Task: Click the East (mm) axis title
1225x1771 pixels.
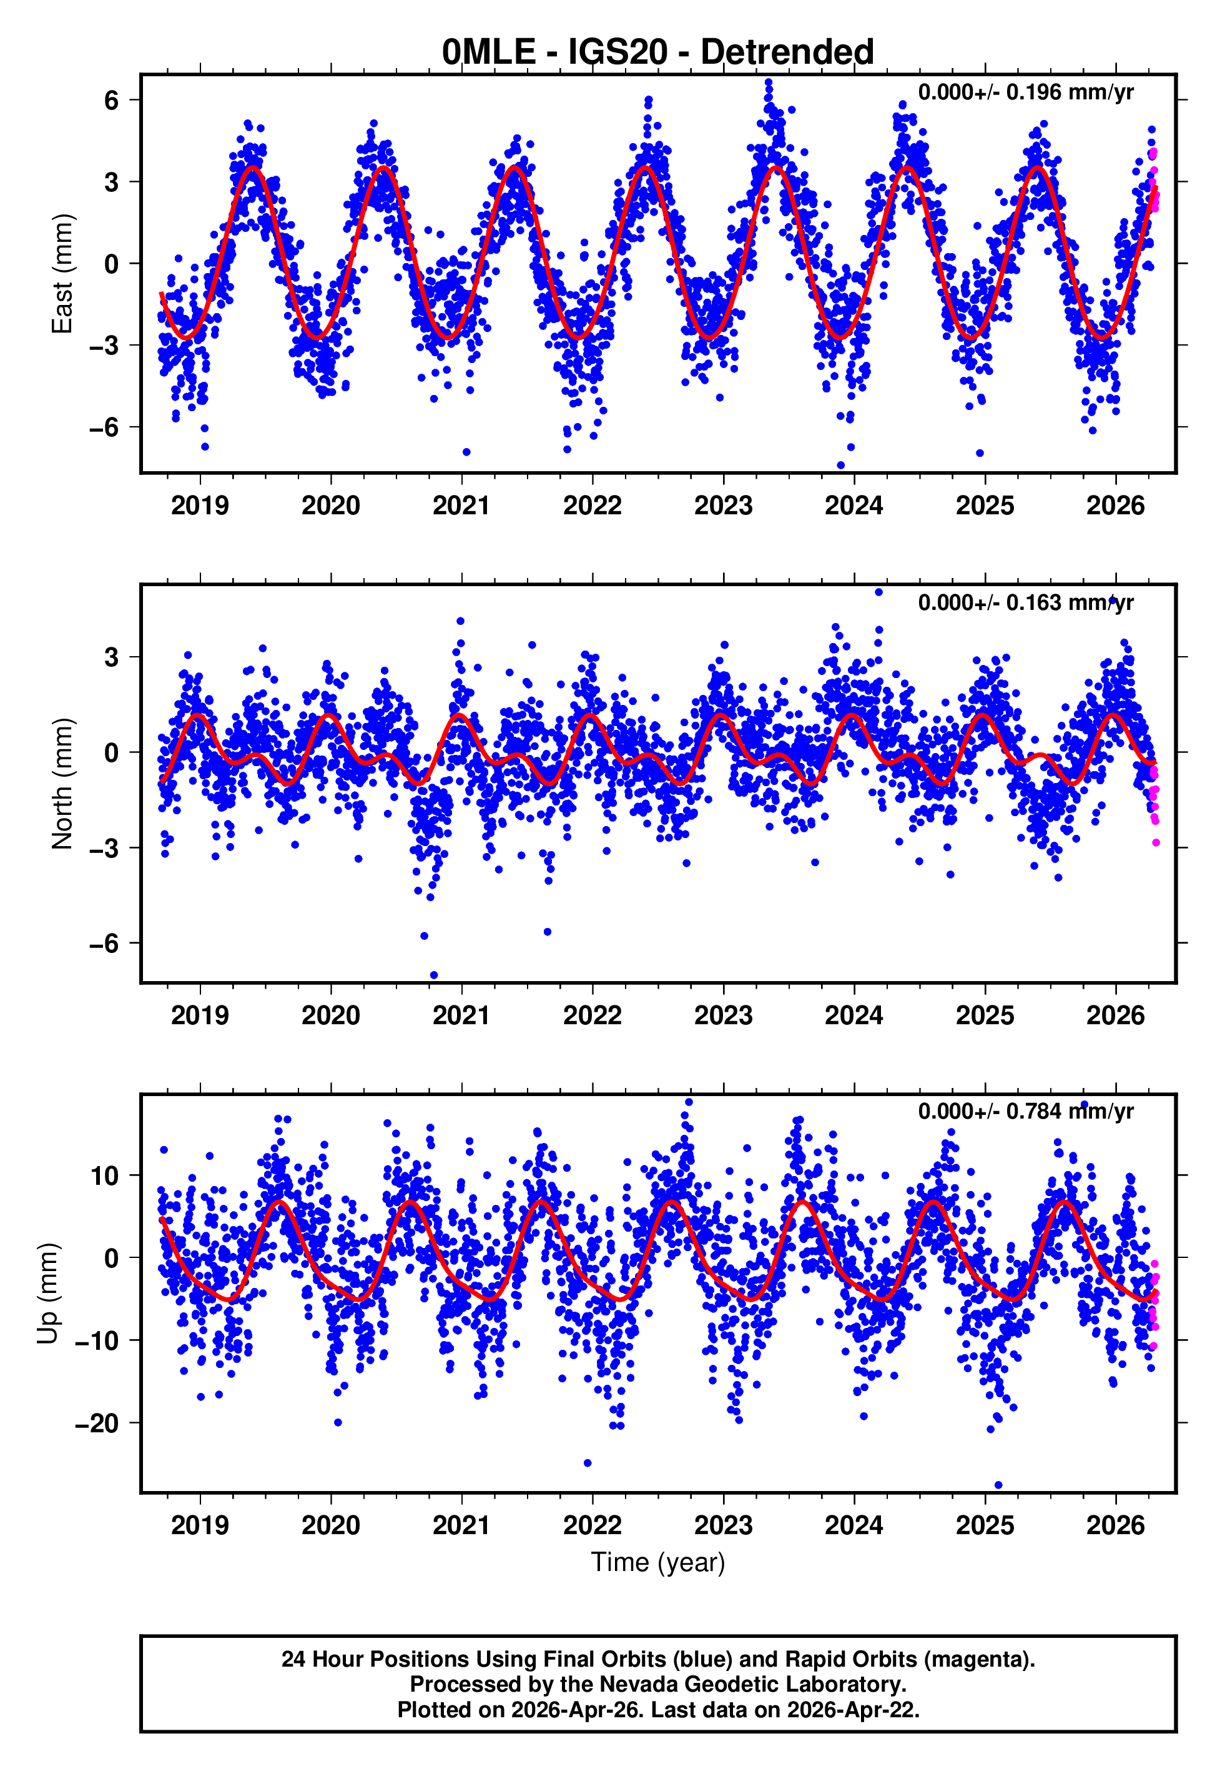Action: pos(62,274)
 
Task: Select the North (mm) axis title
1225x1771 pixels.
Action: pos(62,784)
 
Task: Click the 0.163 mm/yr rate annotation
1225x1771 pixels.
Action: pos(1025,602)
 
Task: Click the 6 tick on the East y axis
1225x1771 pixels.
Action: pos(112,100)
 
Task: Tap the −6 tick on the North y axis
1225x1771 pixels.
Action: pos(104,943)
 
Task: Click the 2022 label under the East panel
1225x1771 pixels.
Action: pos(592,506)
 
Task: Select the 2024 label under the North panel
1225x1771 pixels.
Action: pos(854,1015)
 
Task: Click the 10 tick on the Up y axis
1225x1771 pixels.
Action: pos(104,1176)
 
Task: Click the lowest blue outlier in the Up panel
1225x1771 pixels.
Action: pos(998,1485)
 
